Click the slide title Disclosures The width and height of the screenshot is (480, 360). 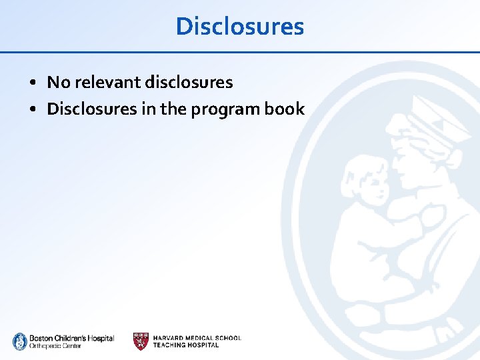coord(240,27)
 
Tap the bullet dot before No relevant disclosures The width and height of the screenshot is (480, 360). coord(32,83)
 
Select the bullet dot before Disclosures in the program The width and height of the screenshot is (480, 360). coord(32,109)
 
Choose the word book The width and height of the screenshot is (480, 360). coord(285,109)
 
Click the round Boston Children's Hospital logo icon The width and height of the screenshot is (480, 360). coord(20,341)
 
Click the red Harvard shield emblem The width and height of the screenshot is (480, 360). coord(141,341)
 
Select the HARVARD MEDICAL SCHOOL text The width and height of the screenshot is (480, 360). coord(197,338)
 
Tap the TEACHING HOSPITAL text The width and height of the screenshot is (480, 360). coord(186,345)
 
